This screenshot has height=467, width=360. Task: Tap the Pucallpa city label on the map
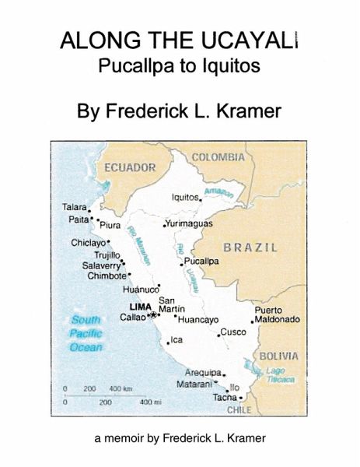pyautogui.click(x=201, y=261)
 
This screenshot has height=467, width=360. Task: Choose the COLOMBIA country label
pyautogui.click(x=217, y=156)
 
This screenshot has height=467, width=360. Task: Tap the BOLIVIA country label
pyautogui.click(x=278, y=356)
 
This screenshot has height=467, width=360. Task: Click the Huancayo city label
pyautogui.click(x=198, y=319)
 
